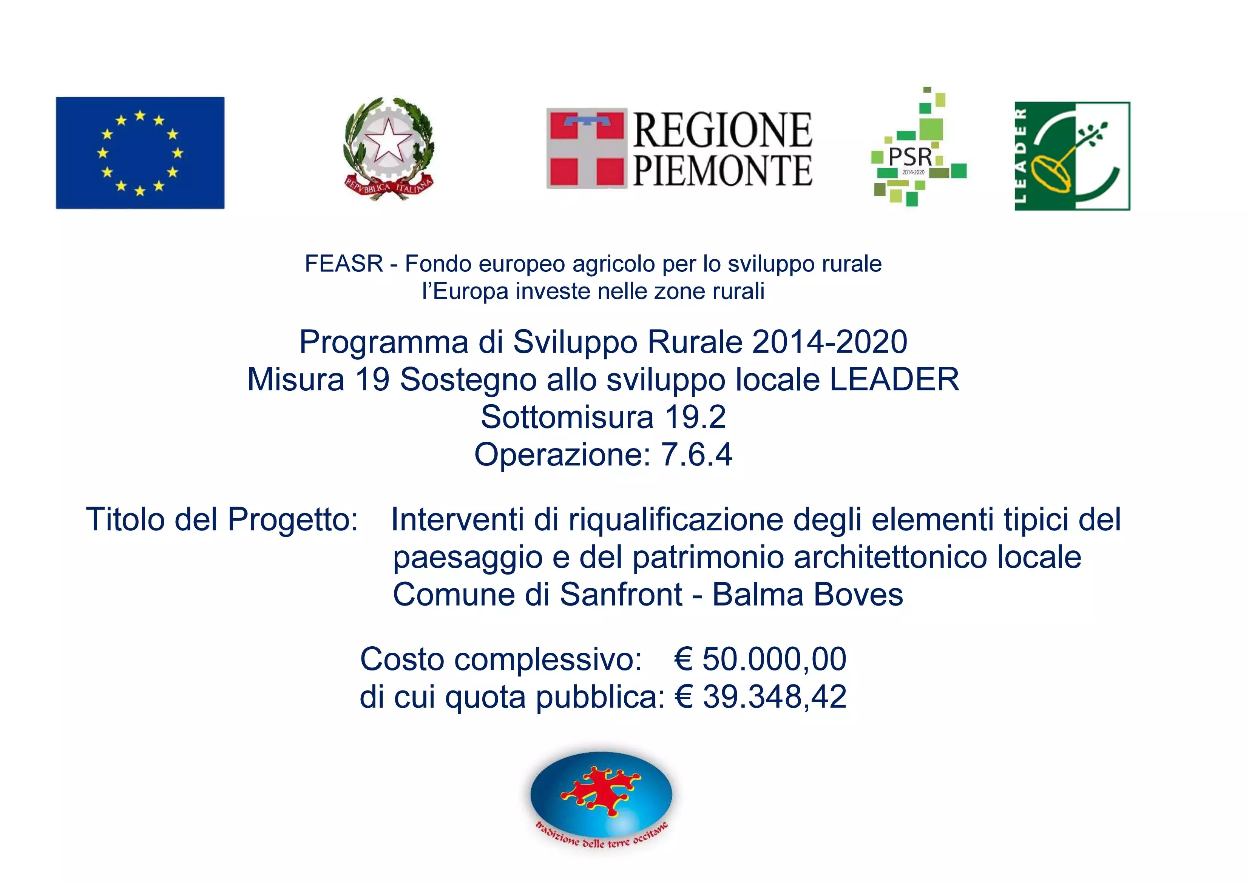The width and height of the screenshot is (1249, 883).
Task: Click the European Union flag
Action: coord(140,153)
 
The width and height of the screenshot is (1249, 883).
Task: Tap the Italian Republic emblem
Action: coord(389,148)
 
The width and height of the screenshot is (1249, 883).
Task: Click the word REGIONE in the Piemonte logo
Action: coord(723,131)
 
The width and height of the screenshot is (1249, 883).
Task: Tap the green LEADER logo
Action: coord(1072,156)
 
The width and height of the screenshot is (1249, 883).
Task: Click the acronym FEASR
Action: coord(344,264)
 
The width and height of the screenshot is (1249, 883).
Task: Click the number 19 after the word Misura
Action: coord(373,379)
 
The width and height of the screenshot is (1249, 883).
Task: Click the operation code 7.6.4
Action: coord(696,454)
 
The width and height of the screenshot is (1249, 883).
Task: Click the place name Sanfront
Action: coord(621,594)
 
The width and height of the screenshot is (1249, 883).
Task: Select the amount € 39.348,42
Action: coord(761,697)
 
